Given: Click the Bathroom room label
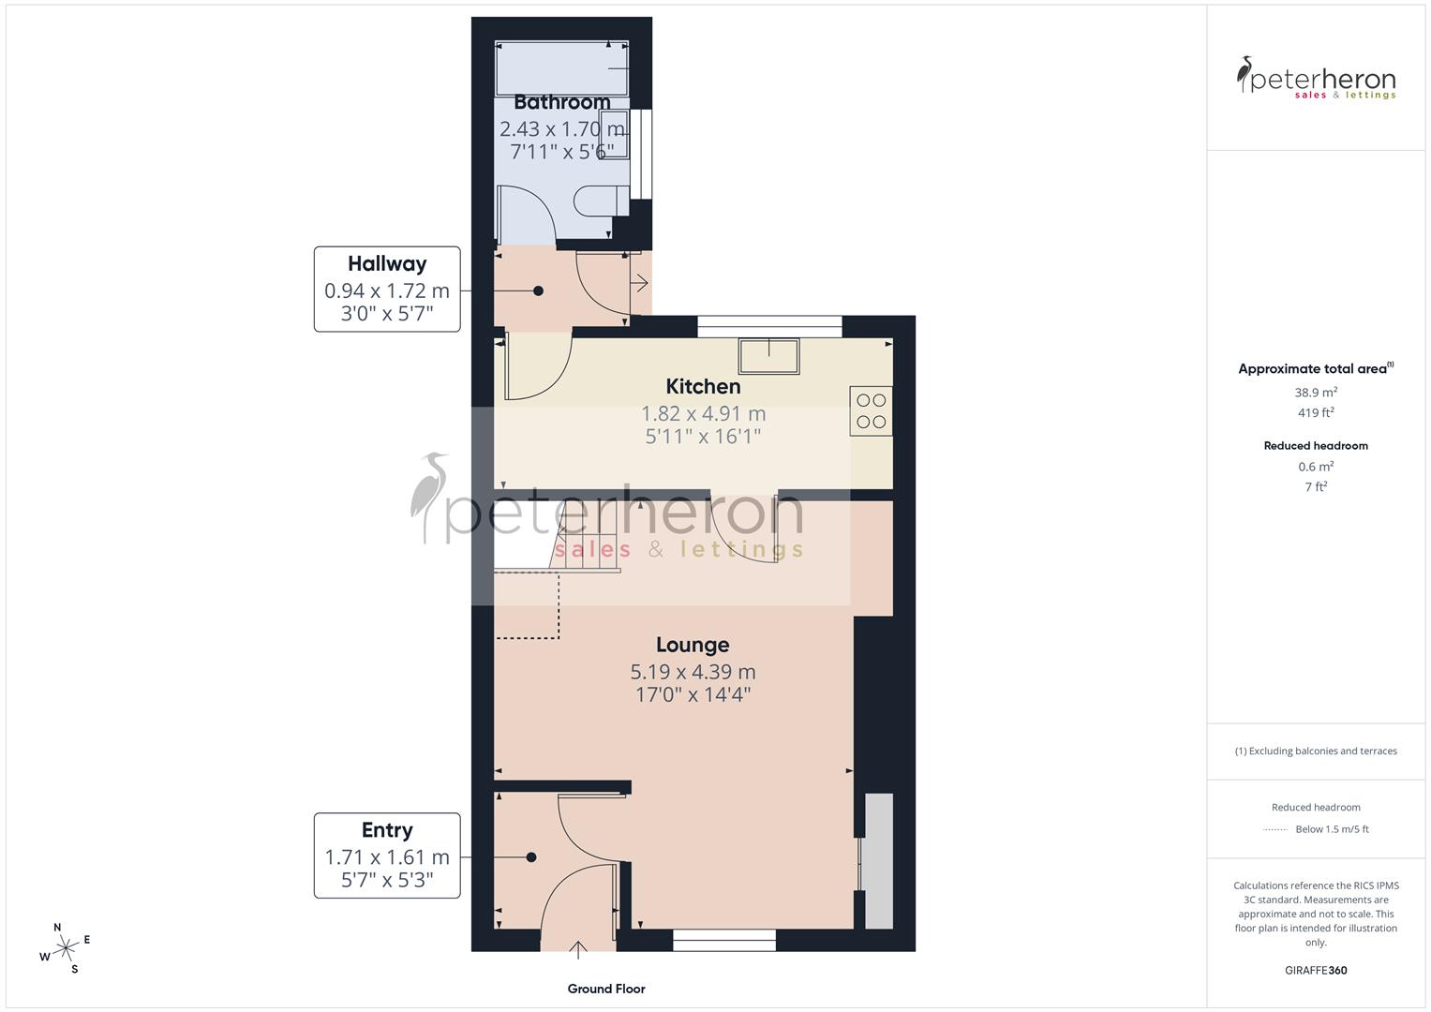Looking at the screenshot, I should click(561, 102).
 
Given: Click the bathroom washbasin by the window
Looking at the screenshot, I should click(615, 134).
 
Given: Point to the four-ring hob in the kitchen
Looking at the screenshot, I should click(872, 411).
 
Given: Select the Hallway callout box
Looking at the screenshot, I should click(387, 290).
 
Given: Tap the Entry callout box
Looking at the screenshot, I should click(387, 856).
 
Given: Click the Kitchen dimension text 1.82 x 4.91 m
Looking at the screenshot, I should click(703, 413).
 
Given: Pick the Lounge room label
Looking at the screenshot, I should click(693, 645).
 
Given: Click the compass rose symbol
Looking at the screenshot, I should click(65, 948).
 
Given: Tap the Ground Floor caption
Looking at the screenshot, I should click(606, 989).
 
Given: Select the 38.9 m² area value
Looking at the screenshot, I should click(1316, 393).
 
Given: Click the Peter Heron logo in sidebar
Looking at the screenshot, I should click(1316, 78).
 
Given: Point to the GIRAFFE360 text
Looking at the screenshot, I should click(1316, 970).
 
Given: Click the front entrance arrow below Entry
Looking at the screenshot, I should click(579, 950).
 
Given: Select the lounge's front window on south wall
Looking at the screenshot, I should click(724, 940).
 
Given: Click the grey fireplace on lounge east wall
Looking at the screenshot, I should click(878, 860).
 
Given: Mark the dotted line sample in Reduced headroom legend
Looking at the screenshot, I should click(1275, 829).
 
